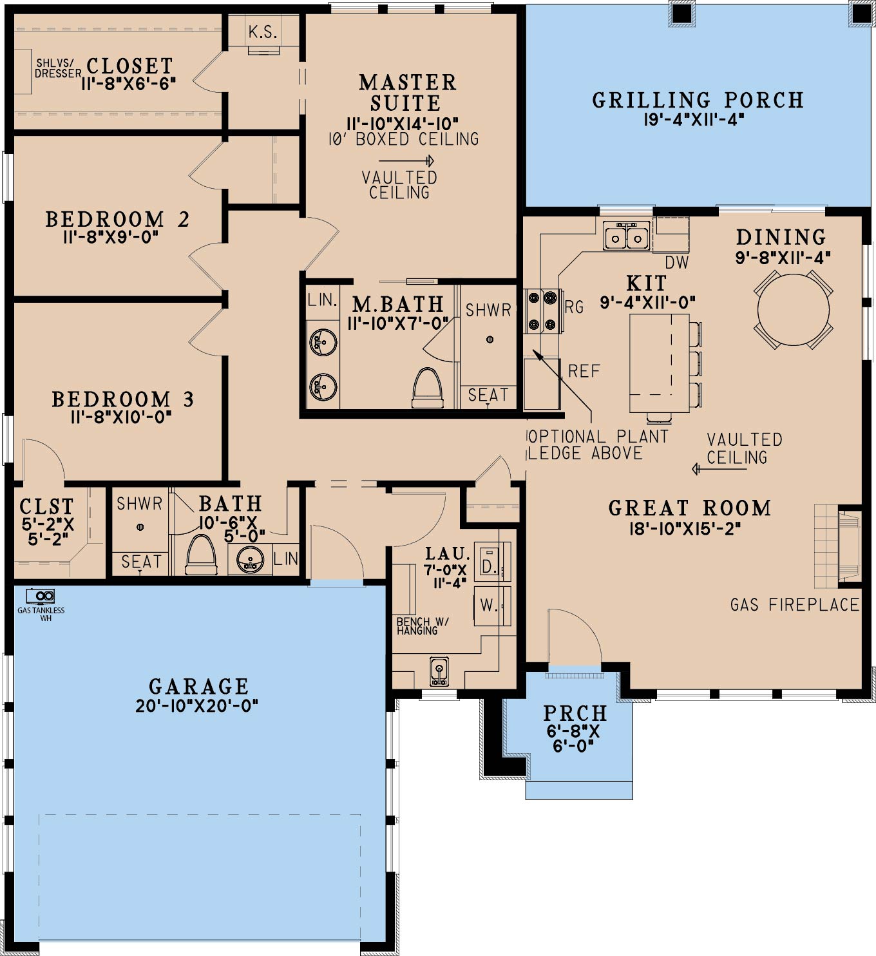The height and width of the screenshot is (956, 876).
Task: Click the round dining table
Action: click(x=793, y=310)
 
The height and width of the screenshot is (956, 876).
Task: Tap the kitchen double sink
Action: click(x=626, y=235)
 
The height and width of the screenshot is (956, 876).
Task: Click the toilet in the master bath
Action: click(x=428, y=387)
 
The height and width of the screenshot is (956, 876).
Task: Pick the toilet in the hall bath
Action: click(x=201, y=555)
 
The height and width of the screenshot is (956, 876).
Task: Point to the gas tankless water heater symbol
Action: click(x=41, y=596)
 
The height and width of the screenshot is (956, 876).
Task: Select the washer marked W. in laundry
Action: click(x=492, y=606)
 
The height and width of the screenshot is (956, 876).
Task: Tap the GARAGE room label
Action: click(x=198, y=687)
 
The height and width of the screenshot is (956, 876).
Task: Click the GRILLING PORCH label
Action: click(x=698, y=100)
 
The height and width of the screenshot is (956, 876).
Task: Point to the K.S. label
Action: click(x=263, y=32)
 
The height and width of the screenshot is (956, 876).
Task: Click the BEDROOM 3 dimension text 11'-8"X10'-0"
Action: click(x=120, y=417)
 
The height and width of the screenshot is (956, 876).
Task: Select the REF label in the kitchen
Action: click(x=584, y=371)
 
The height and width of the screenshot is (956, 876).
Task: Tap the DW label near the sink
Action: click(x=677, y=262)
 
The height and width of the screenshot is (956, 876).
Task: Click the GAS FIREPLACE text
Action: click(x=795, y=606)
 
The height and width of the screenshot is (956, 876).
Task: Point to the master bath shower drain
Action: click(x=490, y=339)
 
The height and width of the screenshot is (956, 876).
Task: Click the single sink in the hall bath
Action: click(x=250, y=560)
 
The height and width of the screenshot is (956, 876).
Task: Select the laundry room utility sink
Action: click(x=439, y=671)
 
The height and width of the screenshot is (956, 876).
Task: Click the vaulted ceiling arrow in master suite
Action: click(x=406, y=160)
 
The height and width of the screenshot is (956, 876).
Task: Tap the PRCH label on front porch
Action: click(x=575, y=713)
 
